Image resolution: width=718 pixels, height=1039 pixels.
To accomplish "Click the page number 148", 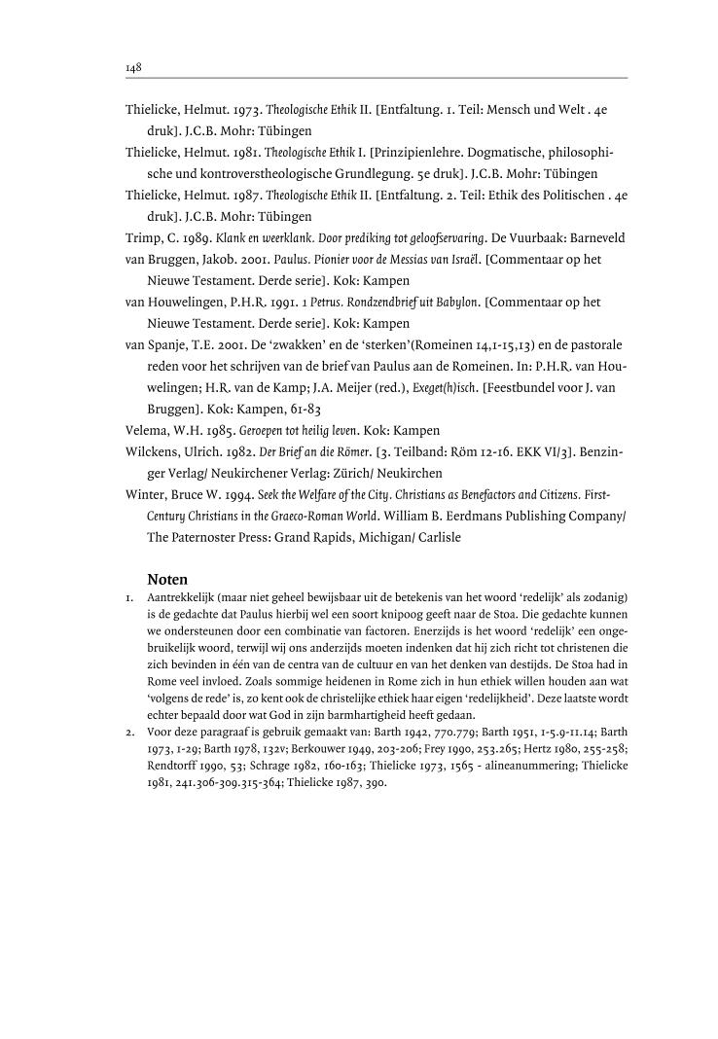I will (134, 67).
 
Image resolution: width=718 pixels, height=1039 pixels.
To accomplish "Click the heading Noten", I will (167, 578).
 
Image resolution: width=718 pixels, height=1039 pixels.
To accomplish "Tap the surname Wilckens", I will (156, 451).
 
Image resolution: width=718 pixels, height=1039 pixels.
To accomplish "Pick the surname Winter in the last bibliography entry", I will (146, 494).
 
